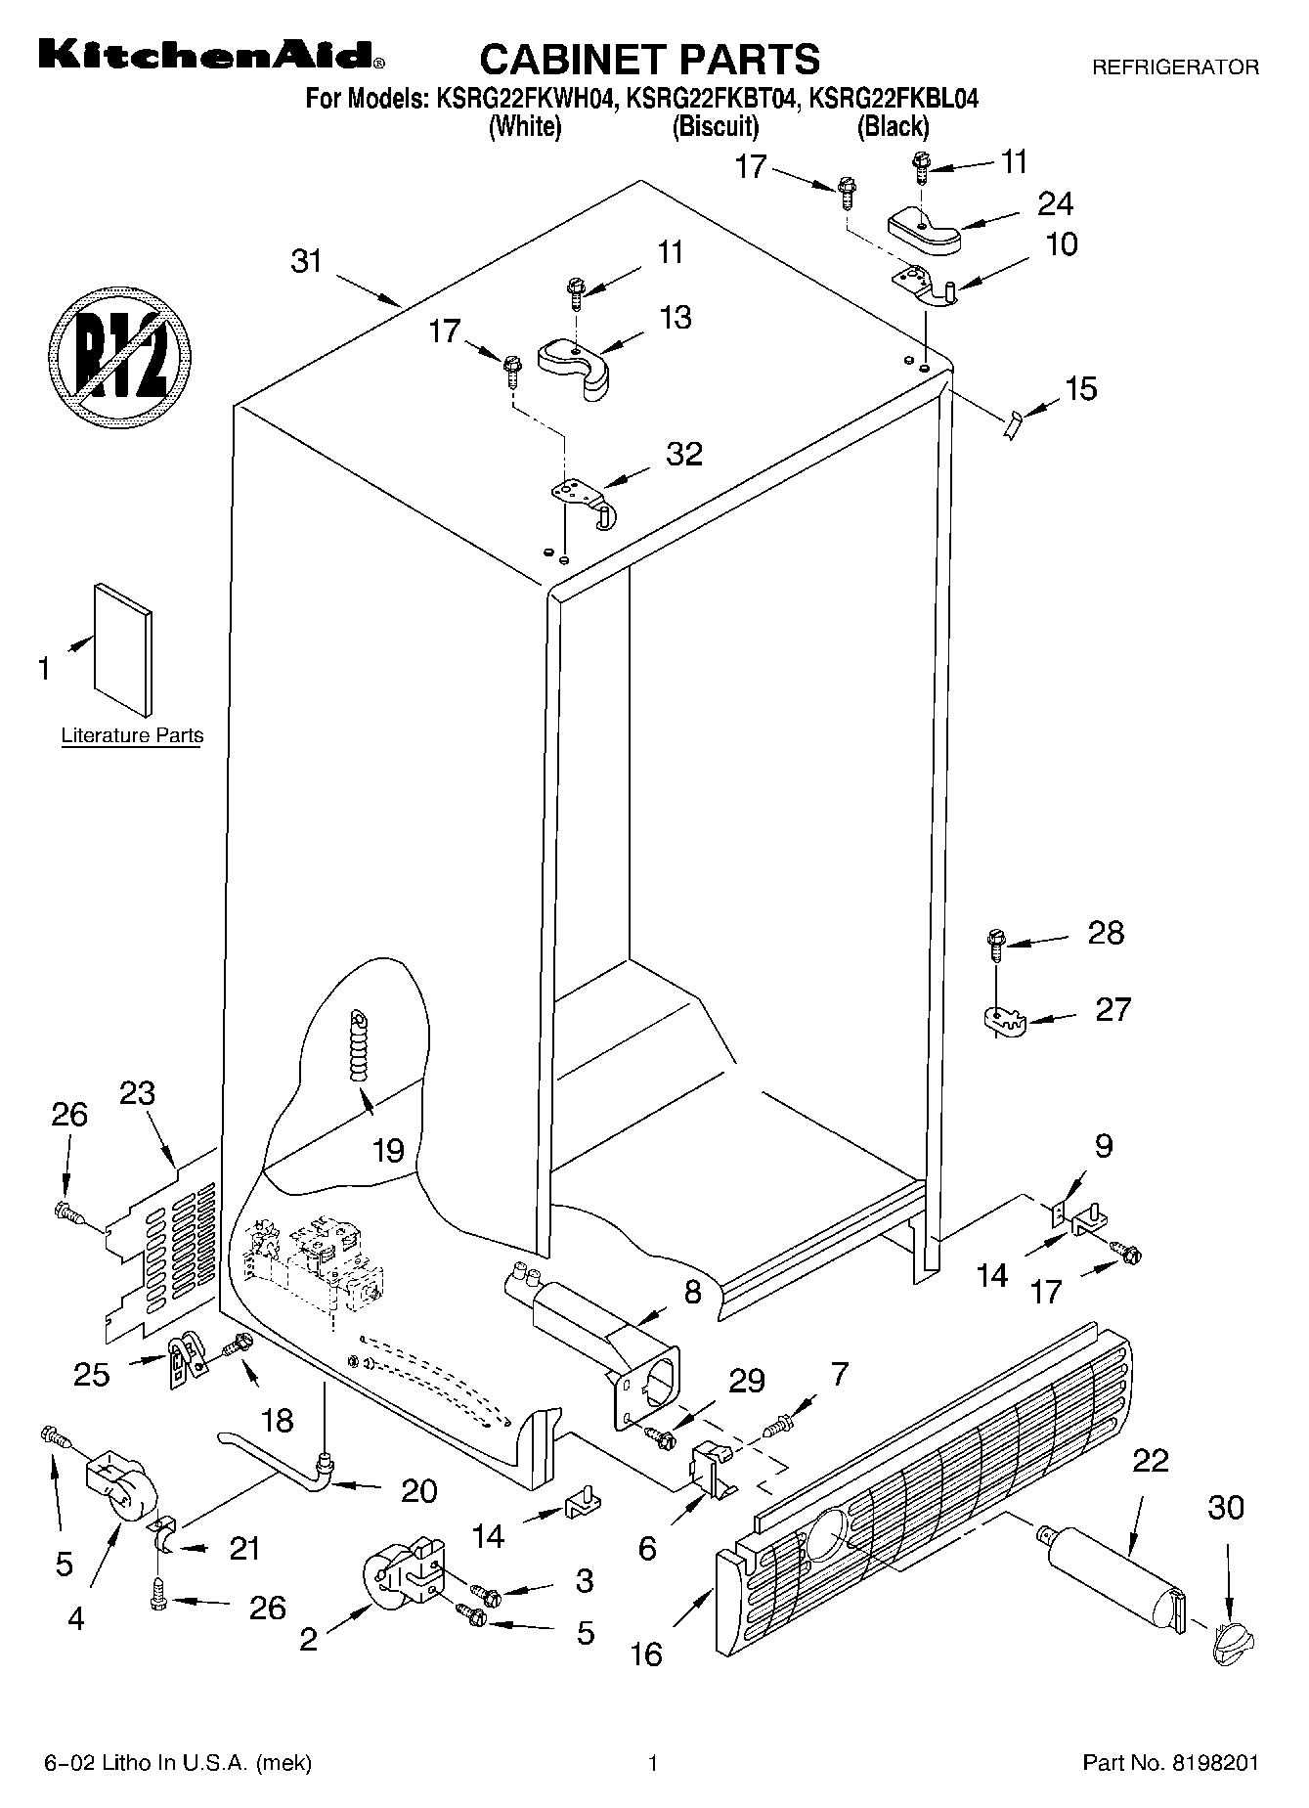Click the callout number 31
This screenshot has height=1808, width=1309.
click(307, 262)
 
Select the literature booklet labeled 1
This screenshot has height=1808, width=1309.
click(123, 650)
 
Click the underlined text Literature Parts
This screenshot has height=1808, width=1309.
click(132, 736)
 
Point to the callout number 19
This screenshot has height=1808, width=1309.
click(388, 1150)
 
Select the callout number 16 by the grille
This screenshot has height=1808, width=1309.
click(646, 1654)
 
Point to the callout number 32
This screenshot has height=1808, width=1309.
click(684, 455)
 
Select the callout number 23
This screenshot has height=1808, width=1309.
click(137, 1093)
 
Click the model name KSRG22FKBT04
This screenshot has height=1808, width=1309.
click(716, 98)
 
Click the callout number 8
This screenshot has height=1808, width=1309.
click(692, 1293)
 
